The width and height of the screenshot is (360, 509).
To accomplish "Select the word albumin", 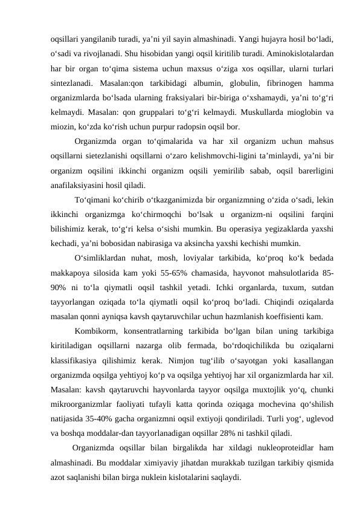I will coord(203,83).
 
